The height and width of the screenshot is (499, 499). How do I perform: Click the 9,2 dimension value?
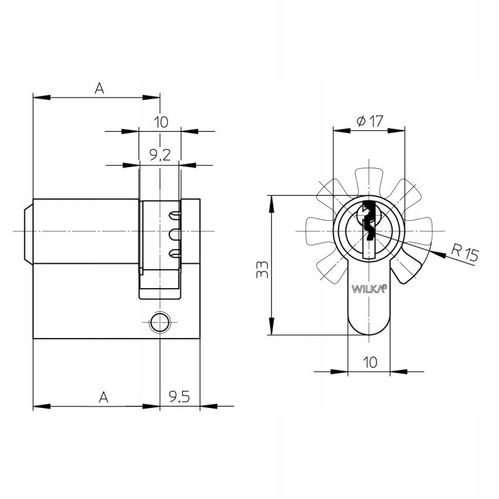(x=160, y=155)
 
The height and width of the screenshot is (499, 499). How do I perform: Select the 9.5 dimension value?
(x=179, y=397)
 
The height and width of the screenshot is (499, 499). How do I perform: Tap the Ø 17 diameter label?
(x=370, y=121)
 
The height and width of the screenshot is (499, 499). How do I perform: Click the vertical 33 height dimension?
(x=263, y=269)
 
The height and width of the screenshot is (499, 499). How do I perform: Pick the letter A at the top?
(x=99, y=88)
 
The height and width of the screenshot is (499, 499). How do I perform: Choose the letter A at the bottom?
(x=104, y=397)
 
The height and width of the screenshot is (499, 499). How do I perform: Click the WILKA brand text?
(x=369, y=289)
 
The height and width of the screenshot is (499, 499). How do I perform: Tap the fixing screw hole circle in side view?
(x=159, y=322)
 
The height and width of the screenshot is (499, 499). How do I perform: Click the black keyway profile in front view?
(x=369, y=220)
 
